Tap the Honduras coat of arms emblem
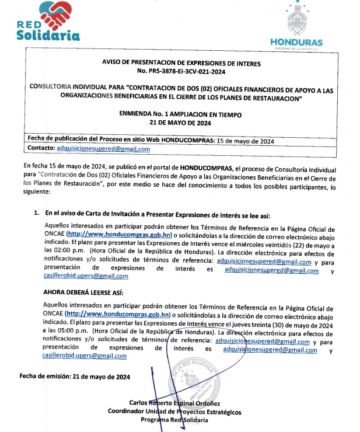click(x=296, y=21)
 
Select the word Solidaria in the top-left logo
click(x=48, y=35)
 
